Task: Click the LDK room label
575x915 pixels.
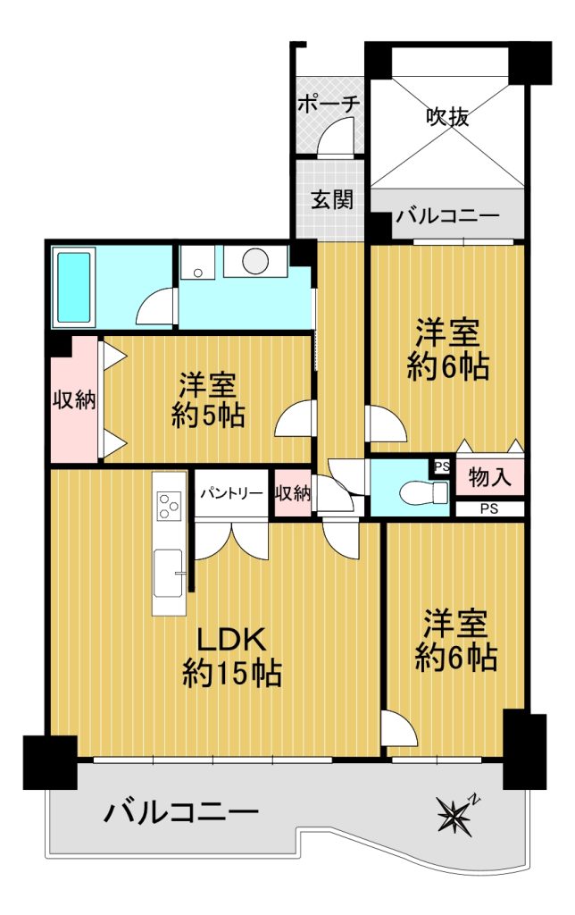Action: tap(231, 657)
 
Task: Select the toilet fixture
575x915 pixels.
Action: tap(423, 493)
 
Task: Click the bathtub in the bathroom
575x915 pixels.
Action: tap(74, 287)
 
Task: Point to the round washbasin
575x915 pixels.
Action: tap(255, 260)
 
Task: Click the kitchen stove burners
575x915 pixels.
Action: tap(170, 506)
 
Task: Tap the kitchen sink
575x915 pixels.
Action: tap(169, 573)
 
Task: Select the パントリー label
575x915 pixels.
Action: tap(231, 493)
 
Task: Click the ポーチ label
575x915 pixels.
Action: tap(328, 105)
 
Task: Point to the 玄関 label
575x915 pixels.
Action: tap(331, 199)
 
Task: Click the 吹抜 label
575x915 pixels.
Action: tap(447, 117)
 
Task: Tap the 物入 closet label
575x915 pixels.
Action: tap(490, 477)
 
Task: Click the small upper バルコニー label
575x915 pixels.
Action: tap(448, 216)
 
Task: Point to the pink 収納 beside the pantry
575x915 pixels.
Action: tap(293, 493)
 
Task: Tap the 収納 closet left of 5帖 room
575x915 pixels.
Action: tap(75, 401)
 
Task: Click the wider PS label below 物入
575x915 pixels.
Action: tap(489, 508)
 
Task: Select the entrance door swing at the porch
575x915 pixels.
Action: tap(337, 136)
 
